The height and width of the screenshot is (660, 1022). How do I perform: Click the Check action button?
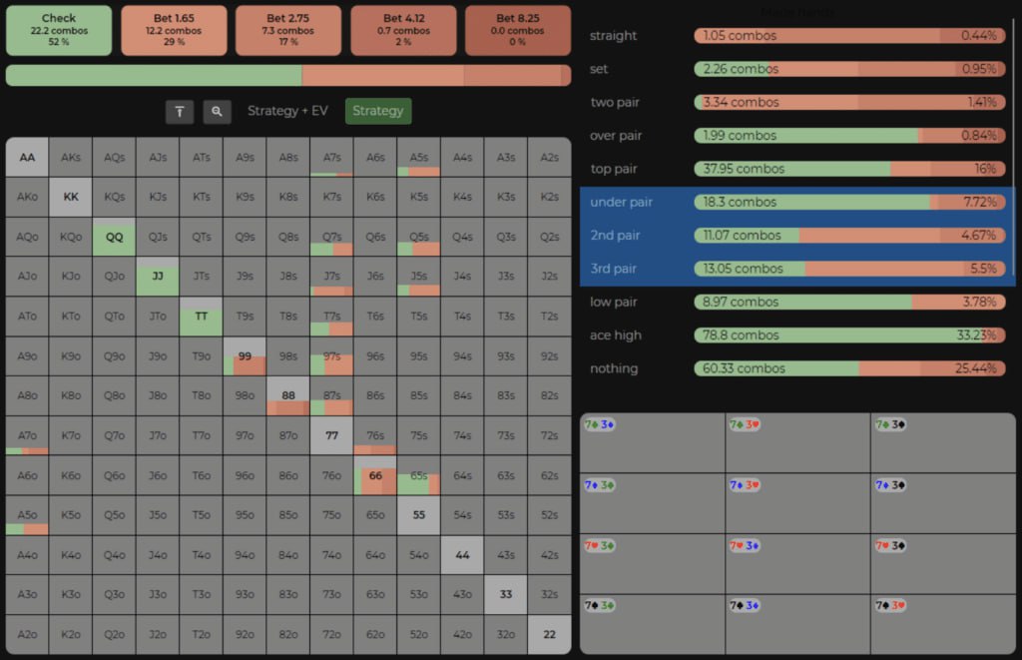pos(59,30)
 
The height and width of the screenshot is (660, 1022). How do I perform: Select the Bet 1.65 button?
pos(174,30)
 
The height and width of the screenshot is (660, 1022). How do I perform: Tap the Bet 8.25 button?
pos(518,30)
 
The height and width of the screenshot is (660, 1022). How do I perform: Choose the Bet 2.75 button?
pos(289,30)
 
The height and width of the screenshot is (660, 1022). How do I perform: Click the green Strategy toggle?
pos(377,111)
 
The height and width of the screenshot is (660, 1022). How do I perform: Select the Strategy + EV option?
pos(287,111)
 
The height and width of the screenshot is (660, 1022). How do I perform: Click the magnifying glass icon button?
pos(217,112)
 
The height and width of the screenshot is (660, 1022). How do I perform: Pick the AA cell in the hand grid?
pos(27,157)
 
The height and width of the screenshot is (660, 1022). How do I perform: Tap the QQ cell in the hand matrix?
pos(114,237)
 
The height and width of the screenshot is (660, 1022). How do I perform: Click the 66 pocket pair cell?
pos(375,476)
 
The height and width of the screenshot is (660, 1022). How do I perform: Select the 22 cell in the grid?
pos(549,635)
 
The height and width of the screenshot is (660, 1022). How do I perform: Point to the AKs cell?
pos(71,157)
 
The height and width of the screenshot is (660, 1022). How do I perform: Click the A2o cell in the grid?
pos(27,635)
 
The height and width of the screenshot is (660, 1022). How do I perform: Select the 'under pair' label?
pos(621,202)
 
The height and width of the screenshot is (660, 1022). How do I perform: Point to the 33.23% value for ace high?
pos(976,335)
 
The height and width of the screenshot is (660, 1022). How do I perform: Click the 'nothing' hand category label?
pos(614,368)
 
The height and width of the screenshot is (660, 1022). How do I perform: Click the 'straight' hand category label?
pos(613,36)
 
